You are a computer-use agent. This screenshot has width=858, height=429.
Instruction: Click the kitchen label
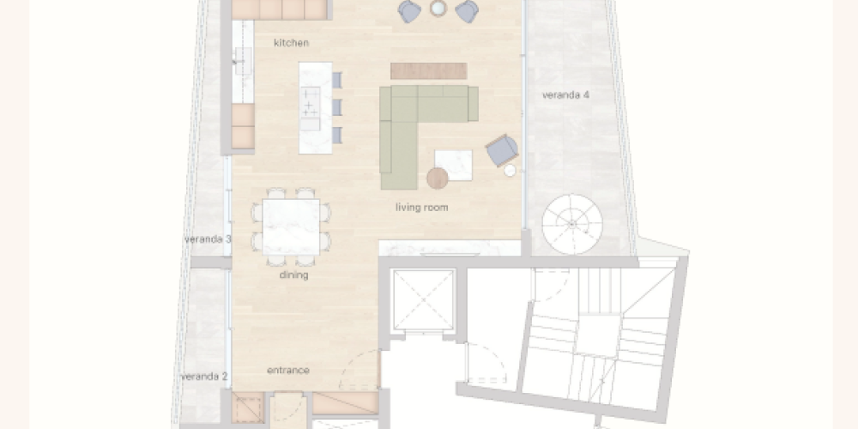tap(291, 43)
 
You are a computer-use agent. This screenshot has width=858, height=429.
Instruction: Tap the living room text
tap(422, 208)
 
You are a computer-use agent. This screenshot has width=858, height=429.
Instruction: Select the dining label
tap(293, 275)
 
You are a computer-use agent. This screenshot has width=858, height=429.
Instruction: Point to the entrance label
tap(288, 371)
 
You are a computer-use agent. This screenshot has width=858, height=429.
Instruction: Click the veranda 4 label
tap(565, 94)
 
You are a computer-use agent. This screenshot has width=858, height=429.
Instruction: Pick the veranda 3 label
tap(208, 239)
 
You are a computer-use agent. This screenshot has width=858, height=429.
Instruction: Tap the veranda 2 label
tap(204, 377)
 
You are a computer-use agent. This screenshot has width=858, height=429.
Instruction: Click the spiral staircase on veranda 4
tap(572, 224)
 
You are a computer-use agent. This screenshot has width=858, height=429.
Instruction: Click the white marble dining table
tap(291, 227)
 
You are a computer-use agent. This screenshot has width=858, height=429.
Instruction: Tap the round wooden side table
tap(438, 178)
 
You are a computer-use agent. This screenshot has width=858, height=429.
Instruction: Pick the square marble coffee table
tap(454, 165)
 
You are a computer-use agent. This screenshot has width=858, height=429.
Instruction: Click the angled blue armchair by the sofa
tap(502, 150)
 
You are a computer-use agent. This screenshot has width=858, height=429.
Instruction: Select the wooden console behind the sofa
tap(428, 70)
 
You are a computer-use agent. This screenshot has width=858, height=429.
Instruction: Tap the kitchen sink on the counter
tap(244, 61)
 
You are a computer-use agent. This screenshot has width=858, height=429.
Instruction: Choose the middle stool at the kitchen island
tap(337, 107)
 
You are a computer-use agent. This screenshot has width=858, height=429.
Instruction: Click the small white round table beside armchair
tap(510, 171)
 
